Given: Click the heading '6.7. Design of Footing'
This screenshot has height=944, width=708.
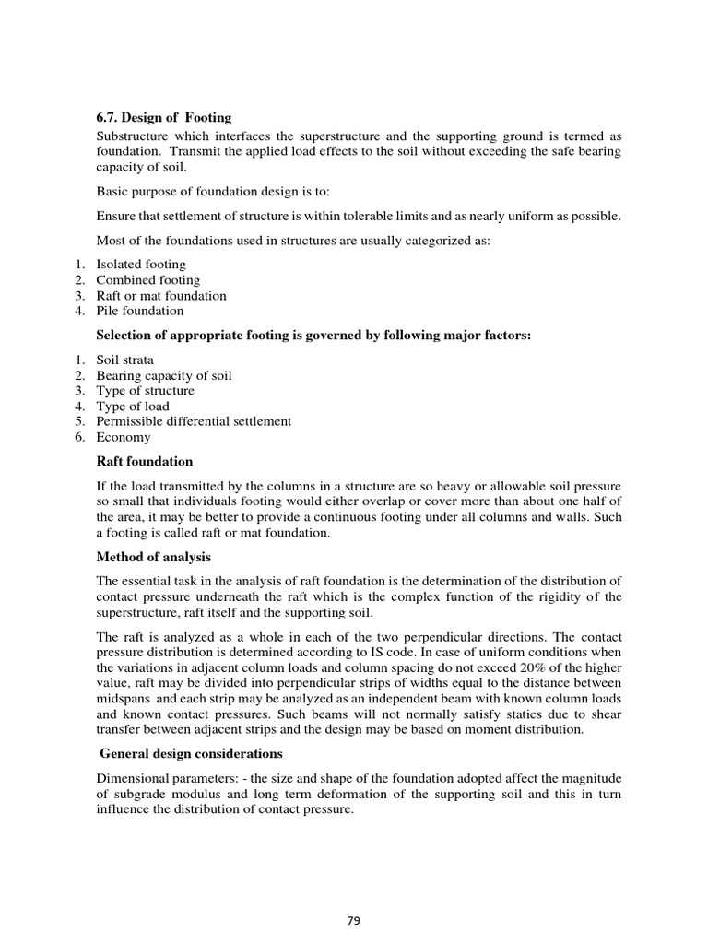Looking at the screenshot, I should click(x=164, y=117).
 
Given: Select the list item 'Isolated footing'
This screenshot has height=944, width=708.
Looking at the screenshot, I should click(x=141, y=265).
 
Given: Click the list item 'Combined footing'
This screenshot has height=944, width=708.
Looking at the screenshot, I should click(x=147, y=280).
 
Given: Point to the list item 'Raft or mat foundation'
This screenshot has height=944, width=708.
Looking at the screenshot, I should click(x=161, y=296).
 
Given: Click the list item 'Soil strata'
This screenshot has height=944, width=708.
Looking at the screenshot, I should click(x=125, y=360).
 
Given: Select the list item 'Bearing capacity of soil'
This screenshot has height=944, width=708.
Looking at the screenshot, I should click(x=164, y=375).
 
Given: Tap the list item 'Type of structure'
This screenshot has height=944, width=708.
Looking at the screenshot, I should click(x=146, y=391).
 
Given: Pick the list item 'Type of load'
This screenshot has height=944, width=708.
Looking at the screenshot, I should click(x=133, y=407).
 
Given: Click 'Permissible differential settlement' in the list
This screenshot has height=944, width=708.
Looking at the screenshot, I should click(x=194, y=421).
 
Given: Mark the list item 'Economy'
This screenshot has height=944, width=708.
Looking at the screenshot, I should click(x=124, y=438).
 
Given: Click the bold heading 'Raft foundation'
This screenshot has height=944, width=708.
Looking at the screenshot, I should click(x=145, y=461).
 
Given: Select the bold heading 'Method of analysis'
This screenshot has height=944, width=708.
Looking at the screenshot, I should click(x=154, y=557).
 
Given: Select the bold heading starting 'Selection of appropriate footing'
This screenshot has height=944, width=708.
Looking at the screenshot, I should click(x=313, y=336).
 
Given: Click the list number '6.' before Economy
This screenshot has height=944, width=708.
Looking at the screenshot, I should click(x=81, y=438).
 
